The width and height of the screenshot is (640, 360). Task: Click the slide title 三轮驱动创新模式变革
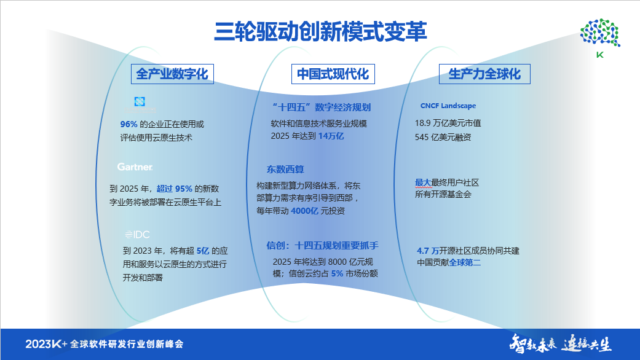(x=320, y=31)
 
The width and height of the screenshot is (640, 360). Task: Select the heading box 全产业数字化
(x=172, y=74)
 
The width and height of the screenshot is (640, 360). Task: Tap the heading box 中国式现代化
(x=333, y=74)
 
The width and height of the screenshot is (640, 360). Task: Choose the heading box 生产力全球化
(x=484, y=74)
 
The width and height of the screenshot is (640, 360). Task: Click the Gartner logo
(x=135, y=167)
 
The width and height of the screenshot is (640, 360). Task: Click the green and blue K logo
(x=600, y=38)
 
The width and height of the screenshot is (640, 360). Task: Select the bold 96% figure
(x=128, y=124)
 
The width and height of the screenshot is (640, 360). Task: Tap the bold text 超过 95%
(x=175, y=189)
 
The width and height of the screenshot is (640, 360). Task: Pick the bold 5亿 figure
(x=203, y=251)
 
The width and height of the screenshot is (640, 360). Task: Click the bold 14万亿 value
(x=331, y=136)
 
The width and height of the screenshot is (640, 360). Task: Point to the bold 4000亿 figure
(x=304, y=211)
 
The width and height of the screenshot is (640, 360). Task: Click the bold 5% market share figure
(x=336, y=273)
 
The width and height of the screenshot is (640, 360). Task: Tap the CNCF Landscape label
(x=448, y=106)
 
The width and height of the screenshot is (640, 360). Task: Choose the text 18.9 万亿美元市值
(x=448, y=123)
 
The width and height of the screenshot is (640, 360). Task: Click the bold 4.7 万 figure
(x=427, y=251)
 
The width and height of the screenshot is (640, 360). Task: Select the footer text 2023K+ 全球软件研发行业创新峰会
(x=105, y=344)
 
